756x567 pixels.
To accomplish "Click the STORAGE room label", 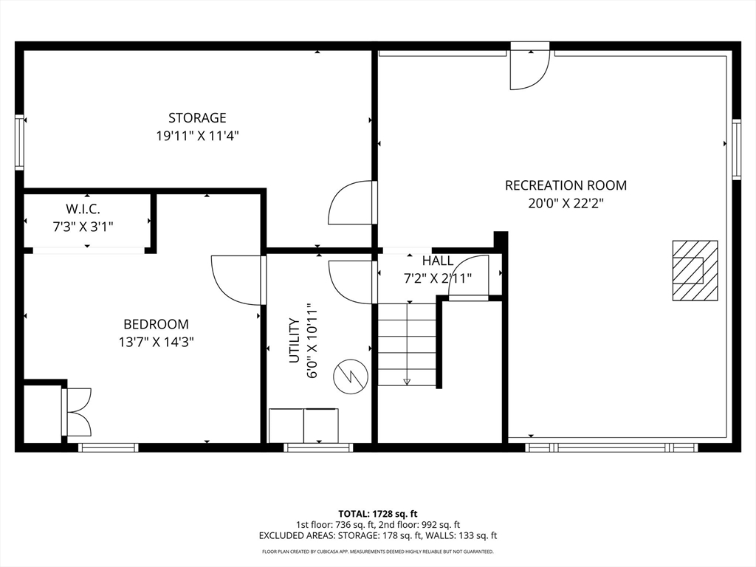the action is point(197,117).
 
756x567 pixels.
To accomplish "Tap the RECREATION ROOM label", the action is point(566,185).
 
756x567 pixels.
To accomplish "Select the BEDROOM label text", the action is point(157,324).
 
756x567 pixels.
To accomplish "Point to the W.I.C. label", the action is point(83,209).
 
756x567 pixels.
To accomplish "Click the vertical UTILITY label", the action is point(294,340).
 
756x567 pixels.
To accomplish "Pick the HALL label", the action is point(438,261).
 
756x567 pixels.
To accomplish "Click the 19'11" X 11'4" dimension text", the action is point(197,136).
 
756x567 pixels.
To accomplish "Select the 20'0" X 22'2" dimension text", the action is point(566,204).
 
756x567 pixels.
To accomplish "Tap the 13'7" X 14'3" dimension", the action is point(157,343).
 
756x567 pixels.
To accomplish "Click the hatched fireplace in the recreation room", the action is point(695,270).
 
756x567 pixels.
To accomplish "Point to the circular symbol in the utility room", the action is point(351,376).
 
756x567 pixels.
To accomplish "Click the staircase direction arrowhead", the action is point(407,382).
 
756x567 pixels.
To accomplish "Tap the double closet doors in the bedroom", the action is point(76,412).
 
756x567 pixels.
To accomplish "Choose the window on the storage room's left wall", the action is point(19,142).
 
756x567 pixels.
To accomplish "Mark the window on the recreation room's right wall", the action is point(736,149).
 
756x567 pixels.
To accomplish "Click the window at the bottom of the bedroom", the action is point(109,447).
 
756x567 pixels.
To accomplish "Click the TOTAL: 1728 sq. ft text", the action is point(377,514).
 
